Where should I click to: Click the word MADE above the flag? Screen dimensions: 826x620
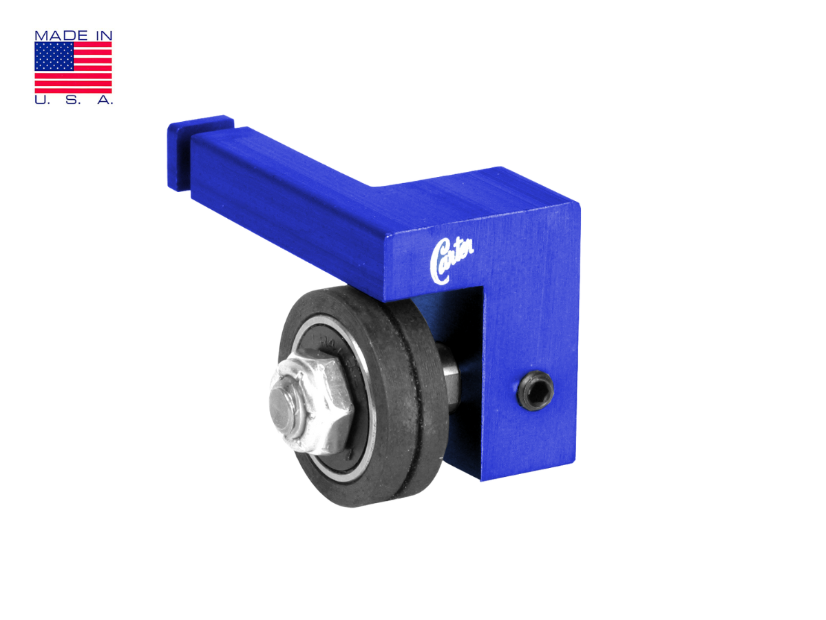(61, 36)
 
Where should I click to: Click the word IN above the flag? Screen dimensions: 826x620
(103, 36)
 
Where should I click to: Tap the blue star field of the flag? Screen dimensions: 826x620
(54, 56)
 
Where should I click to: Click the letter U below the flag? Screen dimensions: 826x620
(40, 100)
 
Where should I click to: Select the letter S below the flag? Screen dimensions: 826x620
(73, 100)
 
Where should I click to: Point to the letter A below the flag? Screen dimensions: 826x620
(105, 100)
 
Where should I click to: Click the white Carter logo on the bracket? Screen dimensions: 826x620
(451, 261)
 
